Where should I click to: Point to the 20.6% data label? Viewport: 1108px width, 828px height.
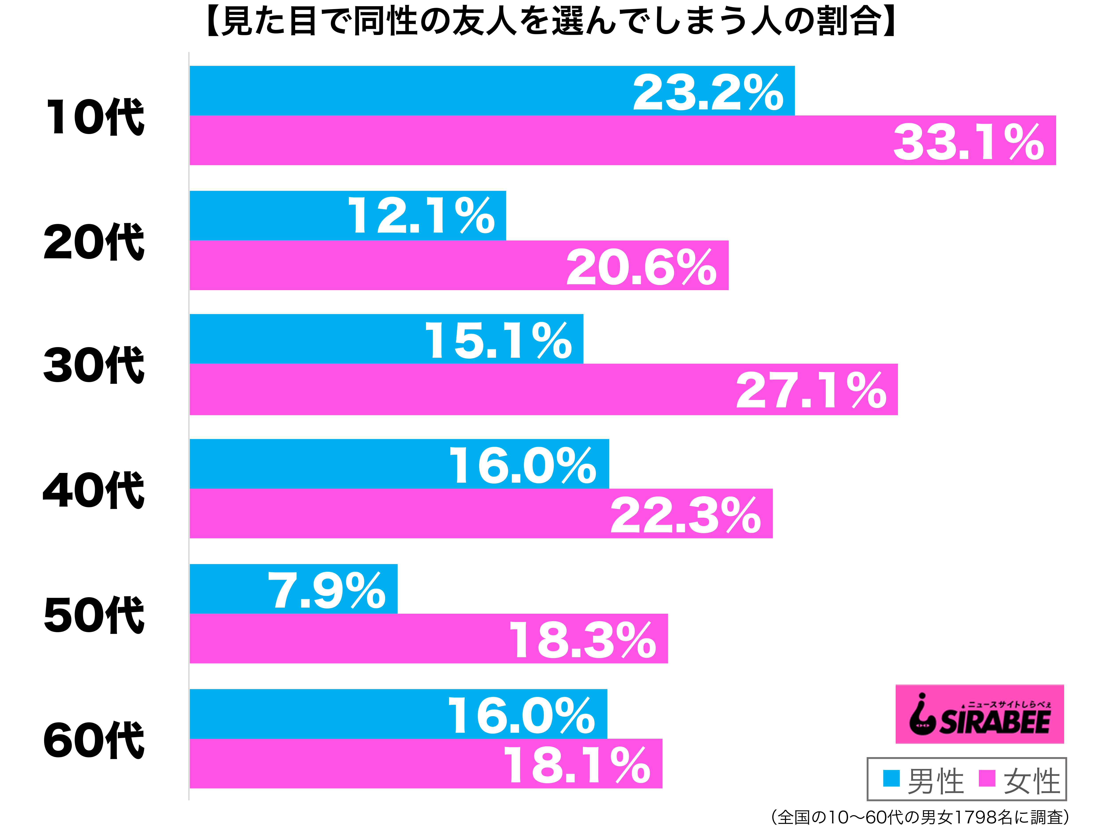point(641,268)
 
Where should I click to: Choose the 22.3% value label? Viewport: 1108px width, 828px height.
point(685,516)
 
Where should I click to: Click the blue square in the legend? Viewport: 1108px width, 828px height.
point(891,779)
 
